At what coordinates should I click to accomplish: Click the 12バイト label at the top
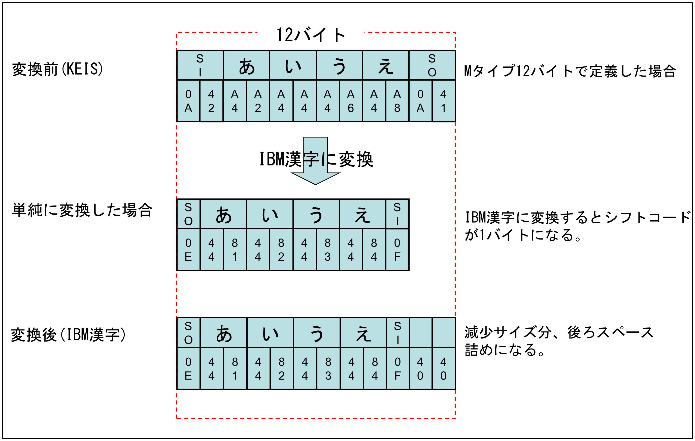click(311, 35)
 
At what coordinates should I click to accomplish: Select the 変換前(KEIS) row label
click(57, 69)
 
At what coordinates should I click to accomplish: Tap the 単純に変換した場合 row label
click(82, 210)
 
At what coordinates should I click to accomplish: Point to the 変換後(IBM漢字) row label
click(69, 335)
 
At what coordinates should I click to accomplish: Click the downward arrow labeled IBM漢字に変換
click(315, 161)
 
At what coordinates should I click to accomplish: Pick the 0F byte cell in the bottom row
click(398, 368)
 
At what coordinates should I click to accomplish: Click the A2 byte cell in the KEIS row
click(258, 101)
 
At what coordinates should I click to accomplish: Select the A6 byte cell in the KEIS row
click(351, 101)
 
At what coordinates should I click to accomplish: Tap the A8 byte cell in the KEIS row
click(398, 101)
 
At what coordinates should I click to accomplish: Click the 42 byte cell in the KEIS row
click(211, 101)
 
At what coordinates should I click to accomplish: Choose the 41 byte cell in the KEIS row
click(444, 101)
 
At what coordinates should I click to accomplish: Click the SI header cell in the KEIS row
click(200, 65)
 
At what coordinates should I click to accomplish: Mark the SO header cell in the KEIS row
click(432, 65)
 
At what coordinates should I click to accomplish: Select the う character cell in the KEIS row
click(339, 65)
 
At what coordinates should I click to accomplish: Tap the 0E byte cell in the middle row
click(188, 250)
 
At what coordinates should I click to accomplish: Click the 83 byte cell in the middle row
click(327, 250)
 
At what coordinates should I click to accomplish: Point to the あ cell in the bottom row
click(224, 333)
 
